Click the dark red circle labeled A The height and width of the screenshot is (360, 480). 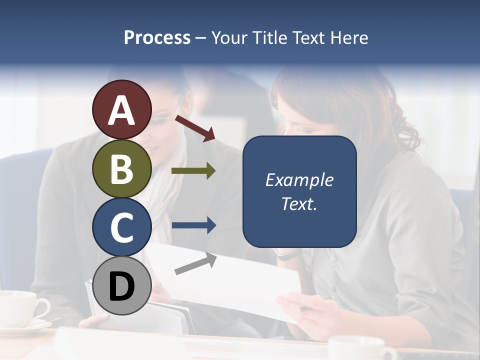click(121, 109)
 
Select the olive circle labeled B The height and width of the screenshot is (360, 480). click(121, 168)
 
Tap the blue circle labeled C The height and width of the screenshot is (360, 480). click(121, 227)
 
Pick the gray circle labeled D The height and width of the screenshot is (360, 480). click(121, 285)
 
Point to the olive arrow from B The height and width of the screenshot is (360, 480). click(193, 171)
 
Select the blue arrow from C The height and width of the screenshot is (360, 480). click(193, 225)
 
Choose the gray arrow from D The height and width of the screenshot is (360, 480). click(195, 263)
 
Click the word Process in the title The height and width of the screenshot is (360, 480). click(157, 38)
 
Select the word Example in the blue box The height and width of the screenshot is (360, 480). click(299, 180)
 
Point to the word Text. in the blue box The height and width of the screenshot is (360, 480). click(299, 204)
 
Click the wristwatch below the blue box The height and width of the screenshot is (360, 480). click(287, 255)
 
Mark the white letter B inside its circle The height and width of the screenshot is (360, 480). click(121, 168)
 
